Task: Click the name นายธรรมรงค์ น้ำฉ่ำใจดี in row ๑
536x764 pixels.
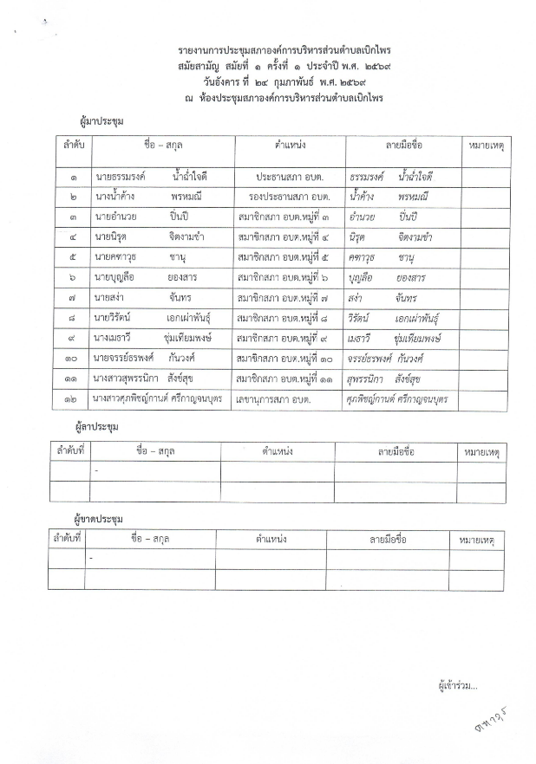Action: (x=151, y=176)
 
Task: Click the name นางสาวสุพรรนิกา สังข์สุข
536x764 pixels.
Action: (x=151, y=379)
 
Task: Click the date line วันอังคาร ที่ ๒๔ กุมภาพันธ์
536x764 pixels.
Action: (x=268, y=84)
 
